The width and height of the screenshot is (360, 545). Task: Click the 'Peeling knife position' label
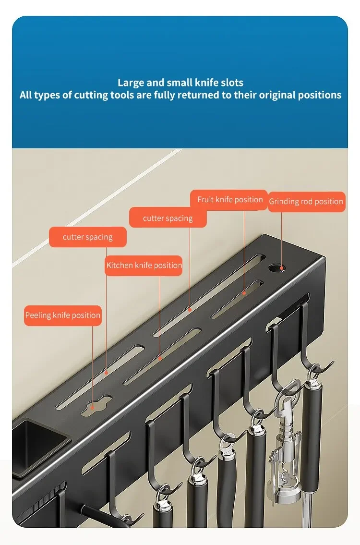pyautogui.click(x=62, y=315)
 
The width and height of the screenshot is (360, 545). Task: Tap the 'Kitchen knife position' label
pyautogui.click(x=144, y=266)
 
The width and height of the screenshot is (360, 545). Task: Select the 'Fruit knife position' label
pyautogui.click(x=229, y=200)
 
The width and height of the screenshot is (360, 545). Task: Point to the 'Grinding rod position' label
pyautogui.click(x=307, y=202)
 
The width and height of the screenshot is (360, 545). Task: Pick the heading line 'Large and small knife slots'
pyautogui.click(x=180, y=83)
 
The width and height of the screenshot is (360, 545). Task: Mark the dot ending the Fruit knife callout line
pyautogui.click(x=244, y=293)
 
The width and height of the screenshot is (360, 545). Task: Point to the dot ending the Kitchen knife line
pyautogui.click(x=160, y=358)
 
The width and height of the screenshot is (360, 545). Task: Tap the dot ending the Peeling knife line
pyautogui.click(x=93, y=408)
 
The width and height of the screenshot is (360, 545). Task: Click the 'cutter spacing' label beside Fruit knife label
pyautogui.click(x=168, y=218)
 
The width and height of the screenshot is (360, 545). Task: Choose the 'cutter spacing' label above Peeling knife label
pyautogui.click(x=87, y=237)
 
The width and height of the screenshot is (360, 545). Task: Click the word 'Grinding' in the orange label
pyautogui.click(x=283, y=202)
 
